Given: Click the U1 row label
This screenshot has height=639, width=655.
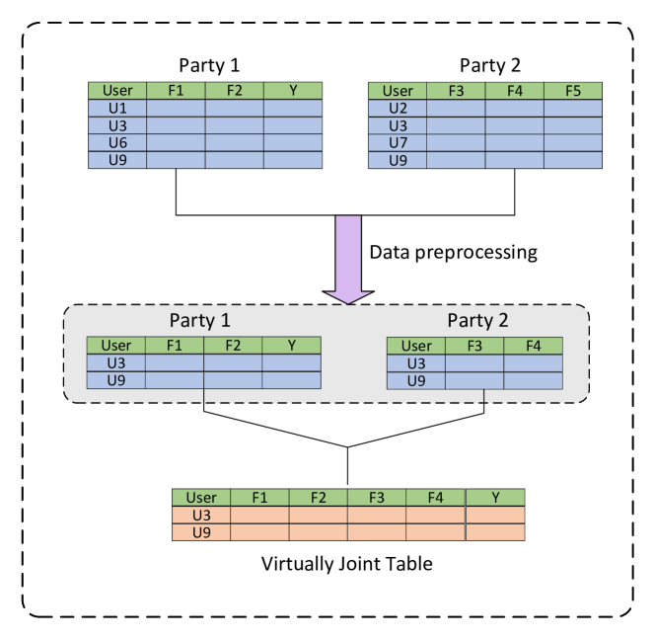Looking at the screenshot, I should tap(117, 108).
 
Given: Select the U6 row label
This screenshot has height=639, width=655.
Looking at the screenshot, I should tap(117, 143).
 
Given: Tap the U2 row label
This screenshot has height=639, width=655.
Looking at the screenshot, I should tap(398, 108).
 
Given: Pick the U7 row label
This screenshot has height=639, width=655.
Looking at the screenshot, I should tap(398, 143).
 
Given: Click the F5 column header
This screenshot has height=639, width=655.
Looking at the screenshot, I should tap(573, 91).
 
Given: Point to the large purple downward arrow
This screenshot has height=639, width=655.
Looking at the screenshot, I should tap(348, 258).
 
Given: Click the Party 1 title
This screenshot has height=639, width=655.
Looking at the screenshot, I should tap(200, 320).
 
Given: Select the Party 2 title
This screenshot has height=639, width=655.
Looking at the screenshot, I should tap(477, 320).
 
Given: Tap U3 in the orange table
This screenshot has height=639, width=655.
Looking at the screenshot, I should tap(201, 516).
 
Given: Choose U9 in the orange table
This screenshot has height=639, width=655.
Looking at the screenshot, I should tap(201, 532).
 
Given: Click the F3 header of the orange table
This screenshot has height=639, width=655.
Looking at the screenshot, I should tap(377, 498).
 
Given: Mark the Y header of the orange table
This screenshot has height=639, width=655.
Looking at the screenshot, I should tap(494, 498).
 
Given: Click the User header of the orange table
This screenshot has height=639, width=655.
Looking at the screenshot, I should tap(201, 498).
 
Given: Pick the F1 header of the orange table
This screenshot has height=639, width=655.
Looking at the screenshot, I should tap(259, 498).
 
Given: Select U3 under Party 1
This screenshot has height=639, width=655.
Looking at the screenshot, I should tap(116, 362).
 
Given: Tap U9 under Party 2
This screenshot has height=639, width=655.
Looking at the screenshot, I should tap(415, 380).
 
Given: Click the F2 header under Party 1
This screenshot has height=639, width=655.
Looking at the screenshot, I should tap(233, 346).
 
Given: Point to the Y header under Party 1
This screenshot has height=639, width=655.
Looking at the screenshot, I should tap(291, 346).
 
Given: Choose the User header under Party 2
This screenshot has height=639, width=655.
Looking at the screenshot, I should tap(415, 346).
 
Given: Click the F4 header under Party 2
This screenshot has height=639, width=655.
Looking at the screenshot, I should tap(533, 346).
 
